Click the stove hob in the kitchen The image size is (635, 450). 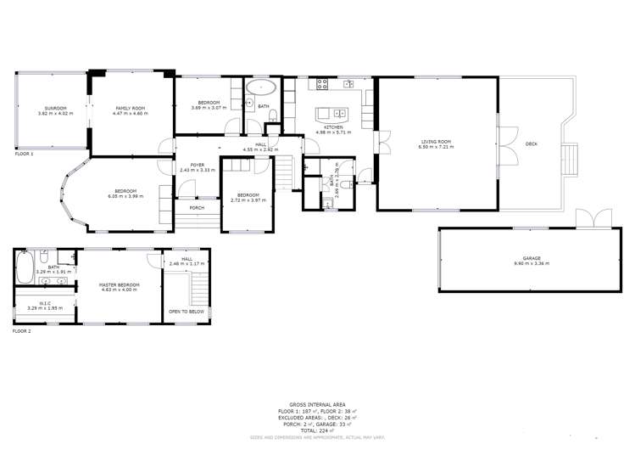(x=322, y=83)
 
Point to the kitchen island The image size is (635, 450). (x=329, y=112)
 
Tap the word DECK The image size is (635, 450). (x=532, y=143)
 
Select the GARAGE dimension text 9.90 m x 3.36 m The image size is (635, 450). (x=531, y=263)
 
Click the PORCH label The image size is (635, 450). (x=197, y=207)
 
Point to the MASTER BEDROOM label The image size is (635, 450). (x=119, y=284)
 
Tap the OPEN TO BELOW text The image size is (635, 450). (x=187, y=312)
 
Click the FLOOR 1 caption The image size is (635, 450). (x=24, y=155)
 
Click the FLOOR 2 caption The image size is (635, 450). (x=21, y=331)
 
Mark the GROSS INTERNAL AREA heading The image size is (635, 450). (x=317, y=404)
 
